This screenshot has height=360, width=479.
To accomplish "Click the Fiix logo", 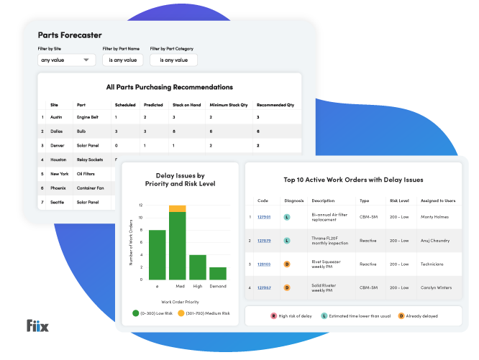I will pos(37,327).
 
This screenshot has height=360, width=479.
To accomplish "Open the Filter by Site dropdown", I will pos(66,60).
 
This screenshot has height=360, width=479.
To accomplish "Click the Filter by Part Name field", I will pos(122,60).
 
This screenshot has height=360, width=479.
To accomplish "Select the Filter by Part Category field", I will pos(173,60).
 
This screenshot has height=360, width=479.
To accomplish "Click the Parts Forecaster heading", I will pos(70,35).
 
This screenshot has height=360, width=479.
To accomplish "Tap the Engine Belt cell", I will pos(89,116).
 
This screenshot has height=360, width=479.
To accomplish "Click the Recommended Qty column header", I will pos(275,104).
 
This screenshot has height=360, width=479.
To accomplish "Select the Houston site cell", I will pos(58,159).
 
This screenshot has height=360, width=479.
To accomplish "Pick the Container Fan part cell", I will pos(91,188).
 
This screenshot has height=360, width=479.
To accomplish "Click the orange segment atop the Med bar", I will pos(177,208).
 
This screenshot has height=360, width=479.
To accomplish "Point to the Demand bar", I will pos(217,273).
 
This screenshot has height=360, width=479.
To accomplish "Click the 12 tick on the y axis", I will pos(140,206).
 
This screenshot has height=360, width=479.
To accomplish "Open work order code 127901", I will pos(264,216).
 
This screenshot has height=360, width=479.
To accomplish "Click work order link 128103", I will pos(264,264).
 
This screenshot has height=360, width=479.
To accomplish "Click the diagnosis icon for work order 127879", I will pos(286,240).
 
